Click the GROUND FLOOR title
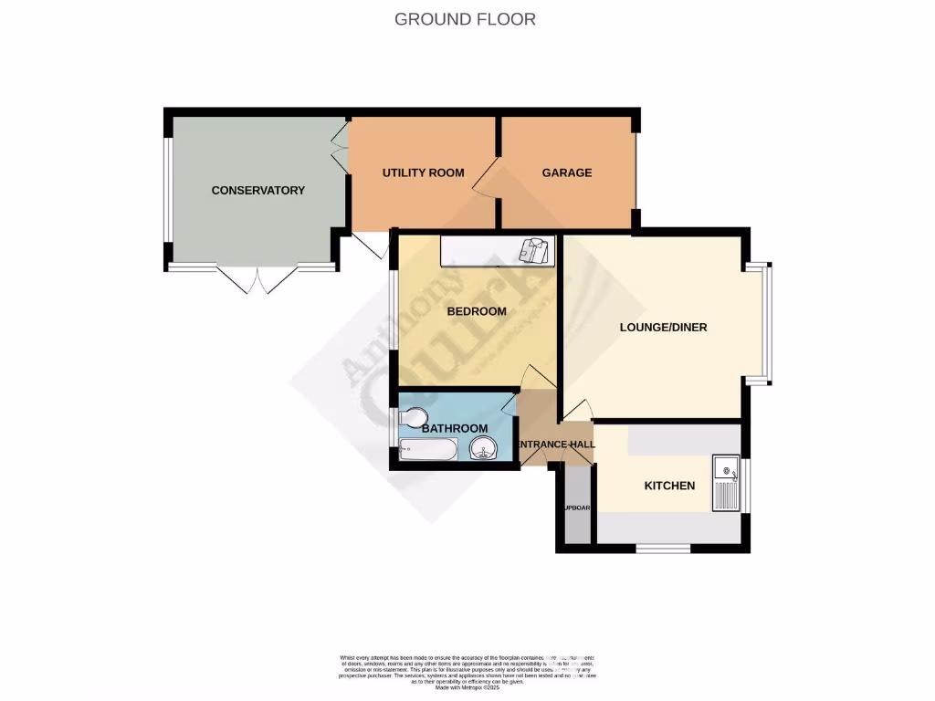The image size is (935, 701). coord(465,18)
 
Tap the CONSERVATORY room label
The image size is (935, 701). coord(257,190)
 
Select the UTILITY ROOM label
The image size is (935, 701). coord(423,173)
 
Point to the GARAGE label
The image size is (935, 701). coord(566,173)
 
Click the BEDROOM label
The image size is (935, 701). coord(476,311)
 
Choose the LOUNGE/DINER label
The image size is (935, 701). coord(663,327)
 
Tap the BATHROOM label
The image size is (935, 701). coord(454,428)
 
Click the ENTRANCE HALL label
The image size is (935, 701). coord(556,445)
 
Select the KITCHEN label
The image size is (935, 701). coord(669,486)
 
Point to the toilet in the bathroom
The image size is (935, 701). coord(412,417)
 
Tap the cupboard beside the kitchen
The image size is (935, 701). coord(576,507)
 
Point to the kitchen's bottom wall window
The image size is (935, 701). coord(663,549)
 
